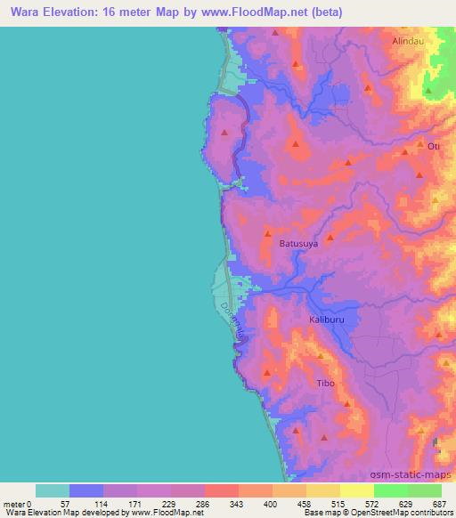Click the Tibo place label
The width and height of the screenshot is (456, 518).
click(x=325, y=383)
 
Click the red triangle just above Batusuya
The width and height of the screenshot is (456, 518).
click(x=268, y=235)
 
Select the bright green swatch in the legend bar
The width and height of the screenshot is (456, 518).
click(x=391, y=490)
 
